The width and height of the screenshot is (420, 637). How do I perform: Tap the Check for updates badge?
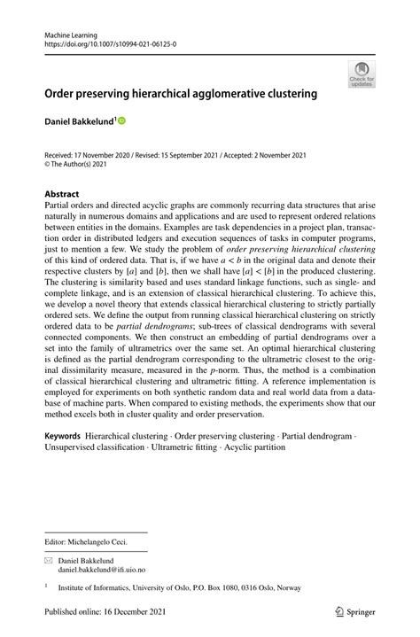pos(362,74)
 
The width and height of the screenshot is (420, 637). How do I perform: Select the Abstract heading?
pos(61,193)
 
